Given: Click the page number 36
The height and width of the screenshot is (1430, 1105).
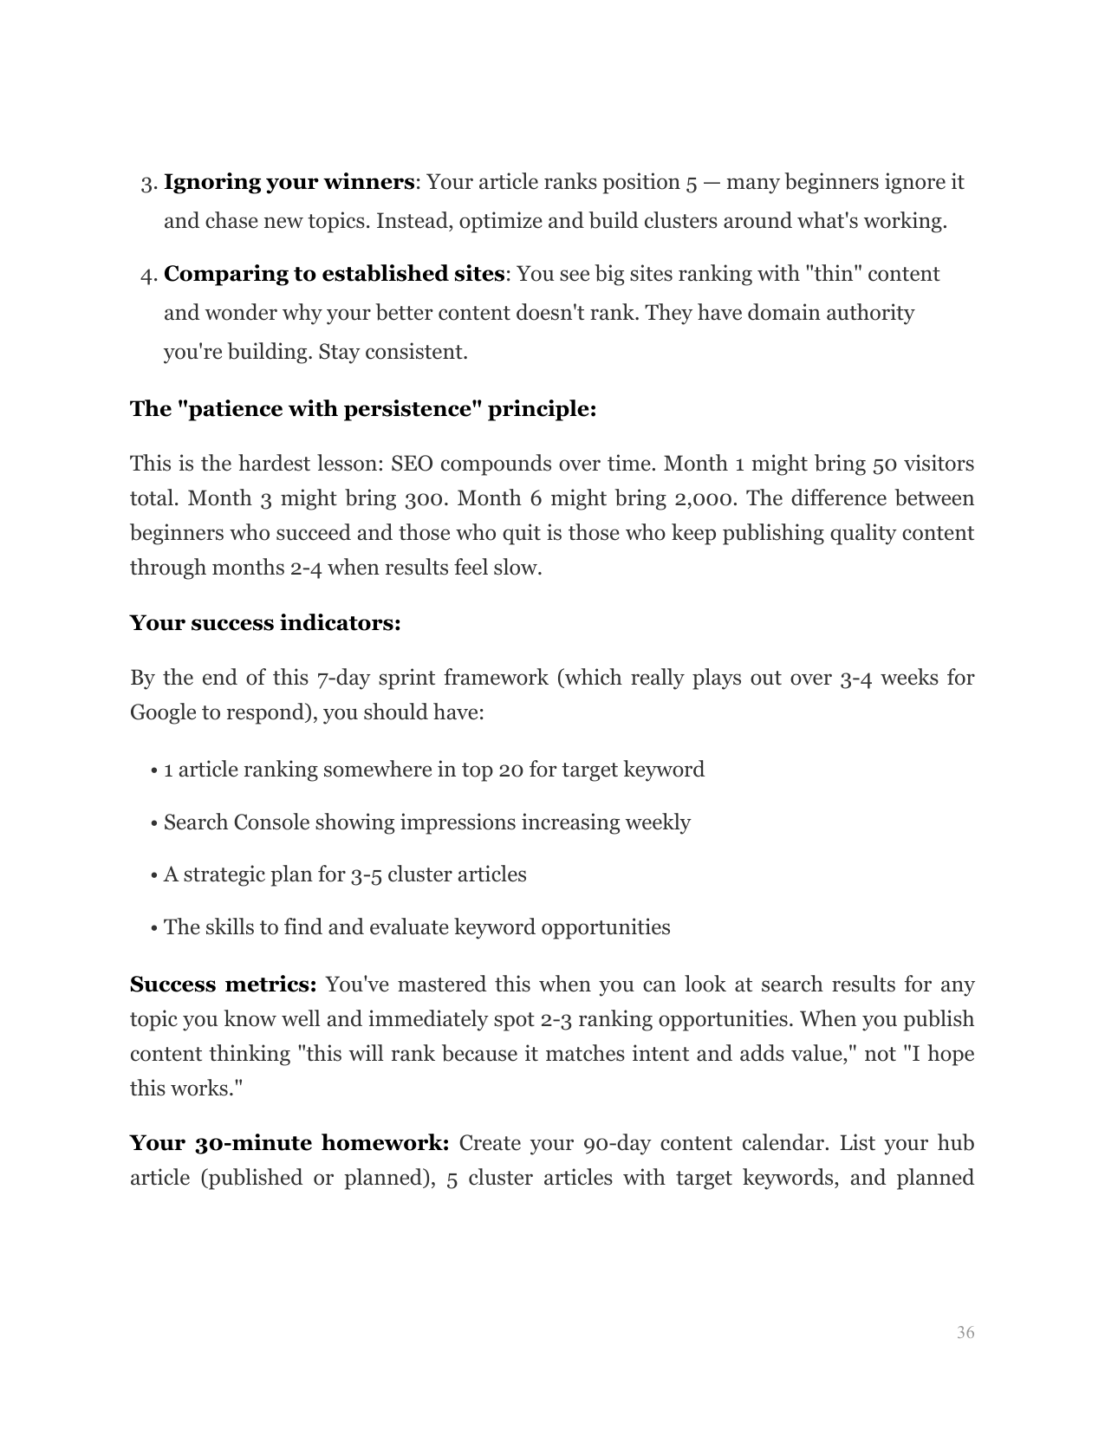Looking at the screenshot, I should coord(965,1333).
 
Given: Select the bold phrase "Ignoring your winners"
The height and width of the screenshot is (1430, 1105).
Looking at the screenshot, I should coord(289,183).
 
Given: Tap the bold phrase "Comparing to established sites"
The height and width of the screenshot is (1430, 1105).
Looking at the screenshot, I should coord(334,274).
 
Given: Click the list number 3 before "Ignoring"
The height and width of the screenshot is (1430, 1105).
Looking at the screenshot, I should coord(147,184).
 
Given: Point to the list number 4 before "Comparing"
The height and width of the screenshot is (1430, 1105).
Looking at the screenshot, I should coord(147,275).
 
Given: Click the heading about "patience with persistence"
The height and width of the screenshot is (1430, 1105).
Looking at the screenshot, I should coord(363,409).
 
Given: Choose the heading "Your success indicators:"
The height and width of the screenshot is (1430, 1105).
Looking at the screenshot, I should coord(265,623).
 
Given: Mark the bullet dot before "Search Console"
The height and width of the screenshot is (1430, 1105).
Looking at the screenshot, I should coord(153,823).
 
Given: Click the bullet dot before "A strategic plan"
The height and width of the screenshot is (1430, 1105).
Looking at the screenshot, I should coord(153,875).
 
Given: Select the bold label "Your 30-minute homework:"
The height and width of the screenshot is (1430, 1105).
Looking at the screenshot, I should coord(289,1143).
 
